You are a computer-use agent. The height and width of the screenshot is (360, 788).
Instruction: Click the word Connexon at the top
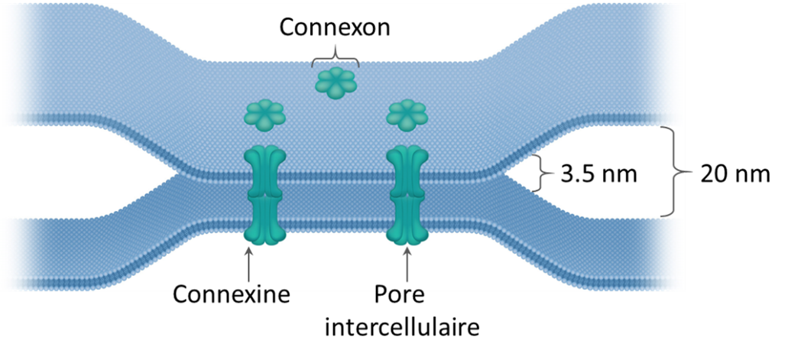[x=335, y=28]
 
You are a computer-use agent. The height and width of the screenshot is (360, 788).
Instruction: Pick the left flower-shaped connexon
[x=264, y=115]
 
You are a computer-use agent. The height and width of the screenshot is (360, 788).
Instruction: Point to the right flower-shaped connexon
[x=406, y=115]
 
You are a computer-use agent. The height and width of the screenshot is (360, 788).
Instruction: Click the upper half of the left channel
[x=264, y=170]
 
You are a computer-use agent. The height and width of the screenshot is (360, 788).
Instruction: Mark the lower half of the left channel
[x=264, y=220]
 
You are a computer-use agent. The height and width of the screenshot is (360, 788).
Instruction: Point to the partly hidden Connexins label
[x=232, y=288]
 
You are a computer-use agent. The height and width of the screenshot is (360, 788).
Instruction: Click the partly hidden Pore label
[x=399, y=288]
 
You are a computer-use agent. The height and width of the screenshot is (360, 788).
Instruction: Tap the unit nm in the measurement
[x=620, y=174]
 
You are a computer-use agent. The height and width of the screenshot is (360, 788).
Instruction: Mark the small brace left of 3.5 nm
[x=544, y=174]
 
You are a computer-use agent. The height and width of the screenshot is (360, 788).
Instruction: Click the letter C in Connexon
[x=288, y=28]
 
